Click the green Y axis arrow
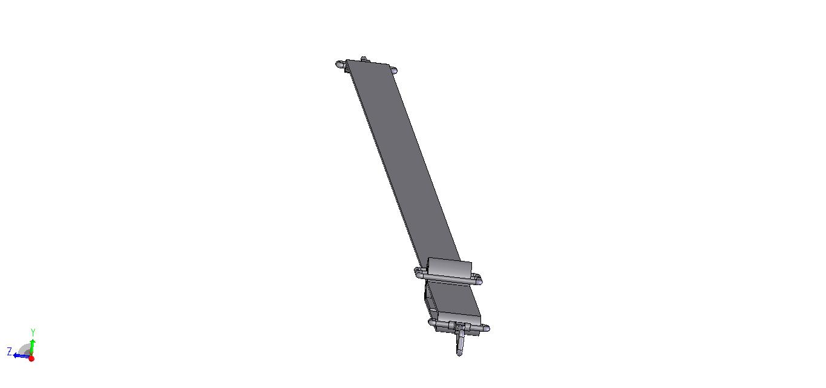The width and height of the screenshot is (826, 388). pyautogui.click(x=33, y=347)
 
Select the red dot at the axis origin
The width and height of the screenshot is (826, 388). pyautogui.click(x=31, y=358)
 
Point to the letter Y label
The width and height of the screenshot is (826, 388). pyautogui.click(x=33, y=332)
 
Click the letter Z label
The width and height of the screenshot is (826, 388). pyautogui.click(x=10, y=351)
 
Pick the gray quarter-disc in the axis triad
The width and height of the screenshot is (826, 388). pyautogui.click(x=25, y=349)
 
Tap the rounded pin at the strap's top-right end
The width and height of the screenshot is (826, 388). pyautogui.click(x=393, y=70)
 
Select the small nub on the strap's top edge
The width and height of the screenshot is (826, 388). pyautogui.click(x=364, y=59)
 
